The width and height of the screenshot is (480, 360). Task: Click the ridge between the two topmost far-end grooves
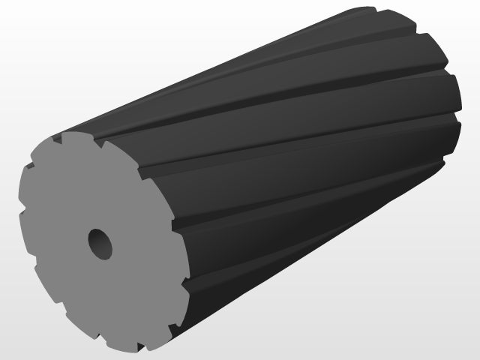point(397,22)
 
